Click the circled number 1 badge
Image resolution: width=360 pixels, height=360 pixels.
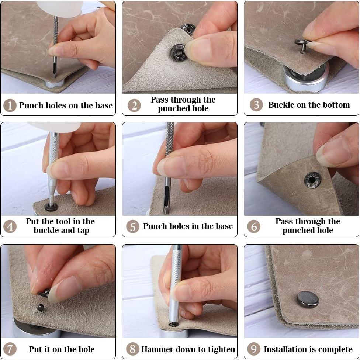click(10, 105)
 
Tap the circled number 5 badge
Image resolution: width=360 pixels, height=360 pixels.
click(133, 226)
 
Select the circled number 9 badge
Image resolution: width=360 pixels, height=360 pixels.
click(254, 349)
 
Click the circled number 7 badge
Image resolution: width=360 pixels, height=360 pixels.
click(10, 349)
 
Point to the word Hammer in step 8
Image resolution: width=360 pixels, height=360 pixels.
click(156, 349)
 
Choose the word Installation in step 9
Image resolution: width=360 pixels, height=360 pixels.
click(284, 349)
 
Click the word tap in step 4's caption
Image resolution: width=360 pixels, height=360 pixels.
click(83, 231)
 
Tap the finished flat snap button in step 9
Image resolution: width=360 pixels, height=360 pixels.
click(308, 299)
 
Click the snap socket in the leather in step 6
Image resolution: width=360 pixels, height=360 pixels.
click(312, 180)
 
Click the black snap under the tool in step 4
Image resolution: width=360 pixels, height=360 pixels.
click(51, 207)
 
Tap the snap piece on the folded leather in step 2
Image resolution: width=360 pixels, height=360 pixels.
click(179, 53)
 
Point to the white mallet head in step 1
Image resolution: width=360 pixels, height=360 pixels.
click(59, 8)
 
